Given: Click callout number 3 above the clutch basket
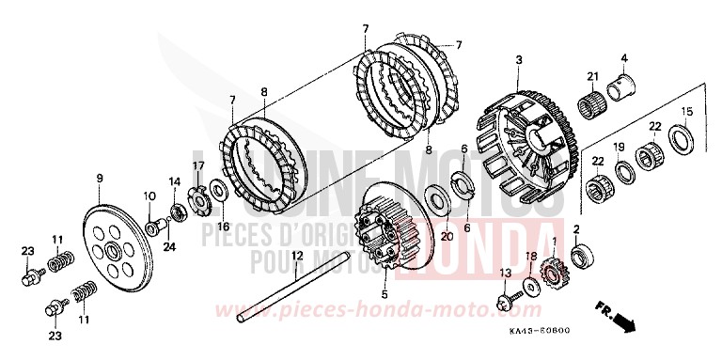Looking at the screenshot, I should point(518,61).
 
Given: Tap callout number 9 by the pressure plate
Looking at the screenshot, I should point(98,178).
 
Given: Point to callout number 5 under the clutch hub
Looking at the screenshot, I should point(384,294).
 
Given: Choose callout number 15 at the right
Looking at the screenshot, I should point(687,112).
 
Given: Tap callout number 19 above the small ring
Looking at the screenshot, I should point(618,147).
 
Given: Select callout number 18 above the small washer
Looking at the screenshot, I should point(531,256).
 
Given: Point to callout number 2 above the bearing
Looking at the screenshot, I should point(575,228).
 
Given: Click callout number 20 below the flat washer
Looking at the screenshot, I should point(447,237).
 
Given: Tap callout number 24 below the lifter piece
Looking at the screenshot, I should point(170,248).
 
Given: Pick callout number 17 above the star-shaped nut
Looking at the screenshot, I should point(198,166).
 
